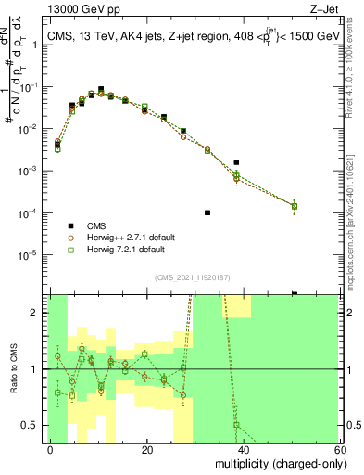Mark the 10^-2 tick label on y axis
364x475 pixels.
tap(31, 129)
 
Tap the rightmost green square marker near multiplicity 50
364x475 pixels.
tap(295, 206)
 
